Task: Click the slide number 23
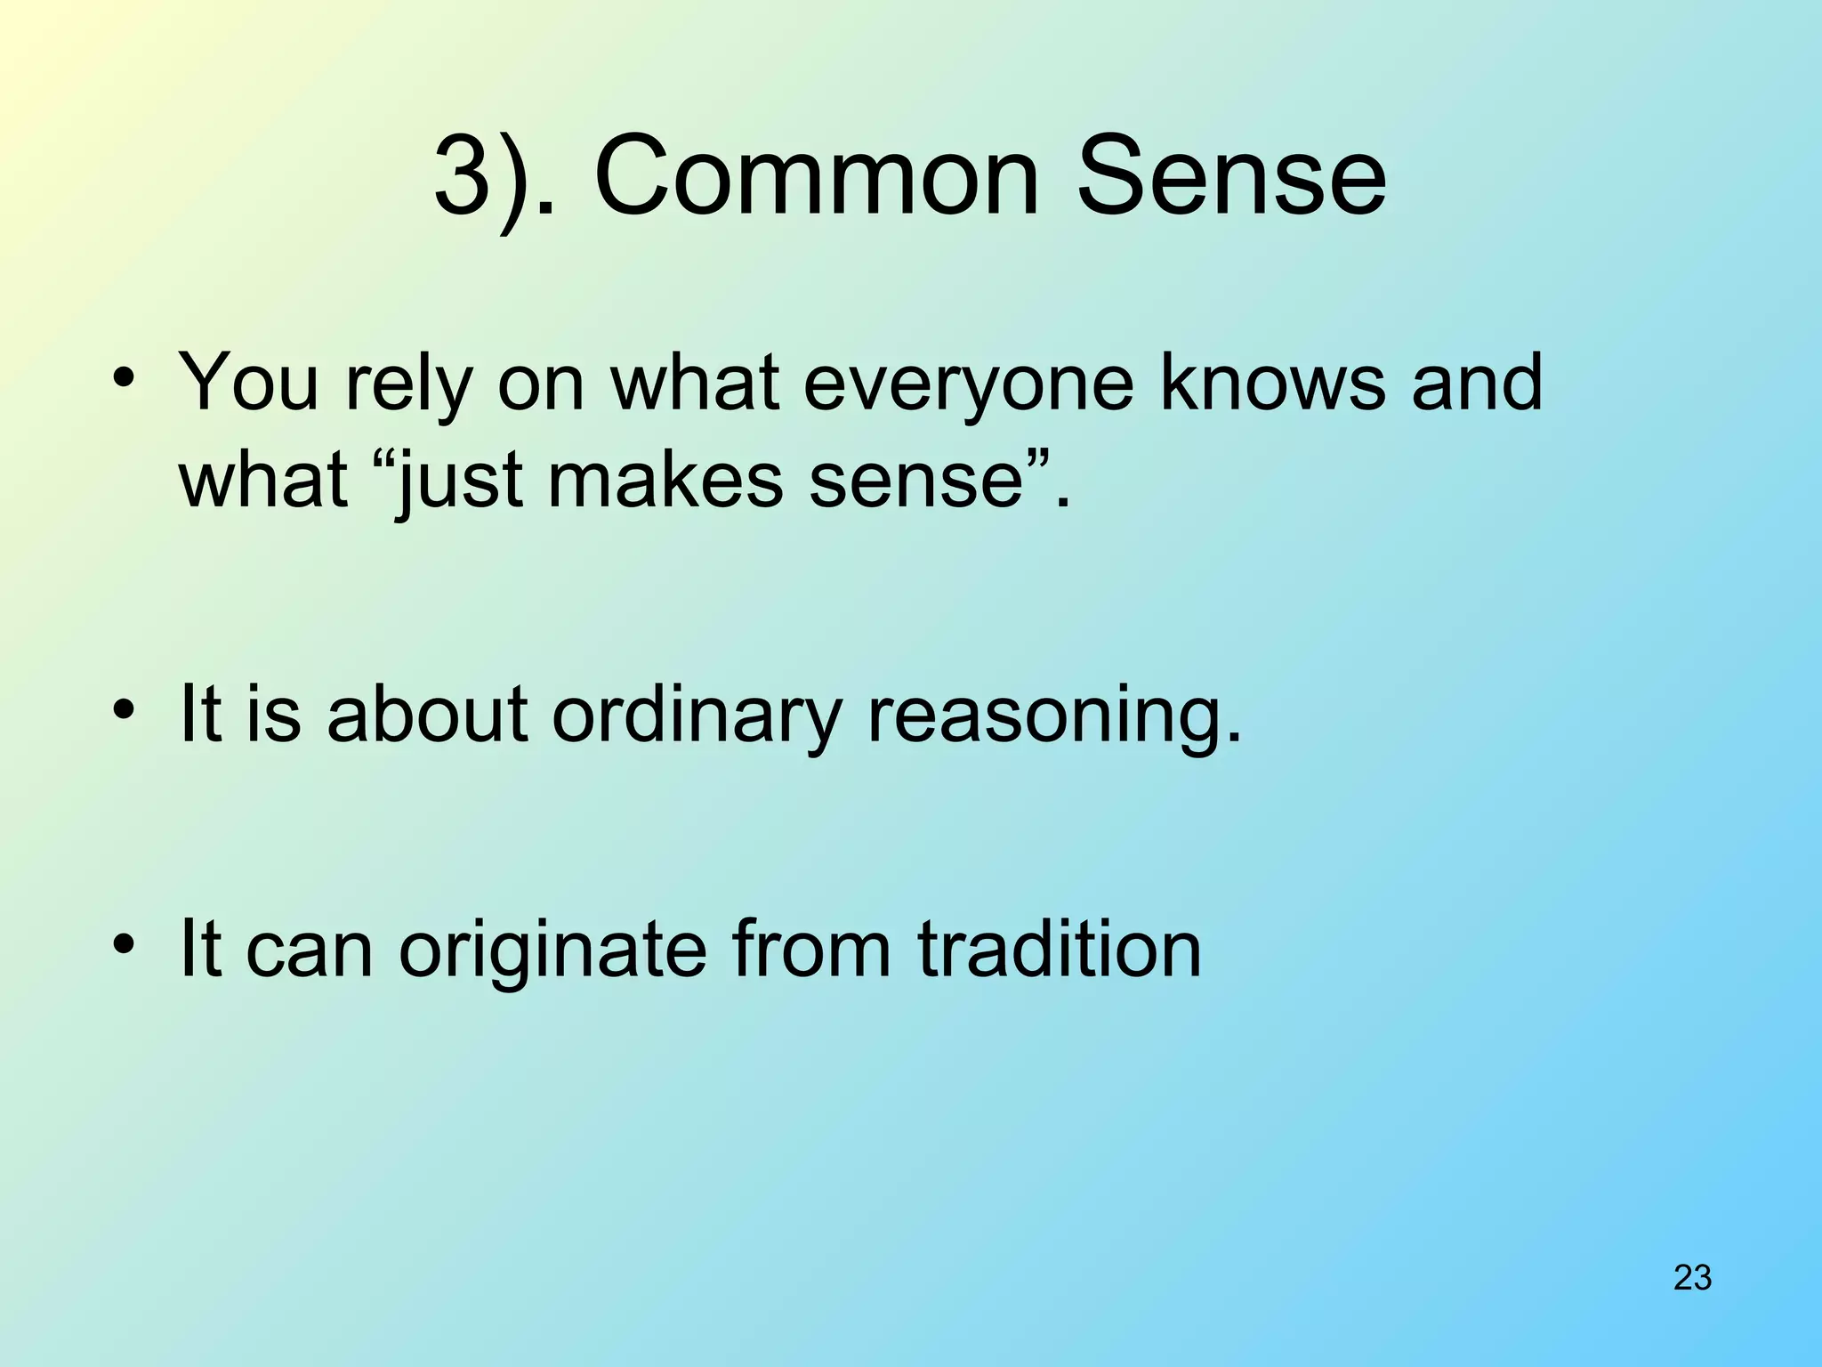click(x=1692, y=1278)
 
